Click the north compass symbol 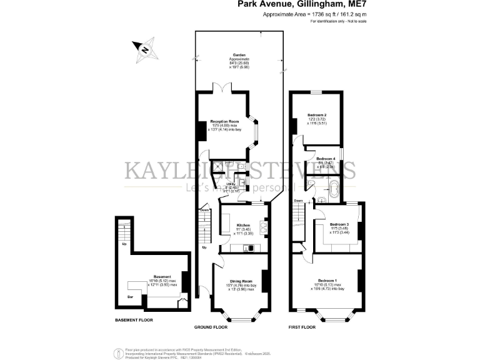pyautogui.click(x=144, y=49)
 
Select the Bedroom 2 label pyautogui.click(x=317, y=115)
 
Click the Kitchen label pyautogui.click(x=243, y=225)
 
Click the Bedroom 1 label pyautogui.click(x=327, y=279)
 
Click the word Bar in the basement pyautogui.click(x=130, y=296)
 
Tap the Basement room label pyautogui.click(x=162, y=276)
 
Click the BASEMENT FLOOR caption pyautogui.click(x=134, y=320)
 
